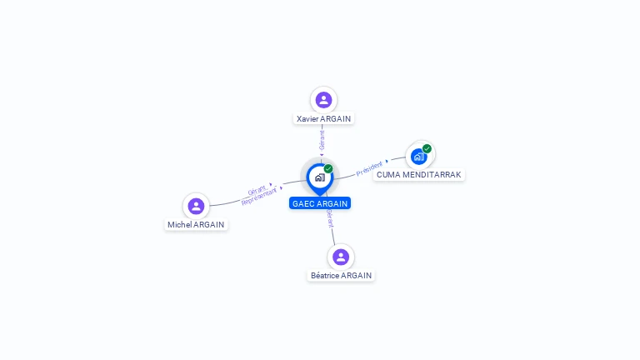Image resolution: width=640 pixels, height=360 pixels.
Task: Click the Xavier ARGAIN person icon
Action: tap(323, 100)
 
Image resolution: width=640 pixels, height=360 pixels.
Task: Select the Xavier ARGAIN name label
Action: tap(323, 118)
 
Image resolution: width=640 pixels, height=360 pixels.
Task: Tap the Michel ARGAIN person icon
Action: tap(196, 206)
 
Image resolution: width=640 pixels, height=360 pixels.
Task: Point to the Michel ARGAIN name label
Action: tap(196, 224)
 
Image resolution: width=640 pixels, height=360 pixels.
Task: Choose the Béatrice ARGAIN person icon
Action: tap(340, 257)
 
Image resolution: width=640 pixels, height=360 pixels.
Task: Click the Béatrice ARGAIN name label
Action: tap(341, 275)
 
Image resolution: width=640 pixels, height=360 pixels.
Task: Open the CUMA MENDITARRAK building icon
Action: tap(418, 156)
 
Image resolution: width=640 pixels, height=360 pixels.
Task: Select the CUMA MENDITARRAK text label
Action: tap(418, 174)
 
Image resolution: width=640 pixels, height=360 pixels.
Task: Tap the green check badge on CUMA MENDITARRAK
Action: tap(427, 148)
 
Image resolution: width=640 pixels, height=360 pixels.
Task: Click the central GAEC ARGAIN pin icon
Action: tap(319, 177)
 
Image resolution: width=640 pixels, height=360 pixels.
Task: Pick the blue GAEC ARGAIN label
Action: tap(320, 203)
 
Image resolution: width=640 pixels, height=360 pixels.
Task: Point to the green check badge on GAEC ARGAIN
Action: tap(328, 168)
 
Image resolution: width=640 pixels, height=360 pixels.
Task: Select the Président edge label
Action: tap(370, 168)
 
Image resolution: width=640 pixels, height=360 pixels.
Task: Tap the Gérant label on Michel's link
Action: tap(257, 190)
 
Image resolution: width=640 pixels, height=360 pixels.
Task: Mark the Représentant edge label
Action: tap(258, 197)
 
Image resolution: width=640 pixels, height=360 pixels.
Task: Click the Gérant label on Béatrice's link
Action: tap(330, 218)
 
